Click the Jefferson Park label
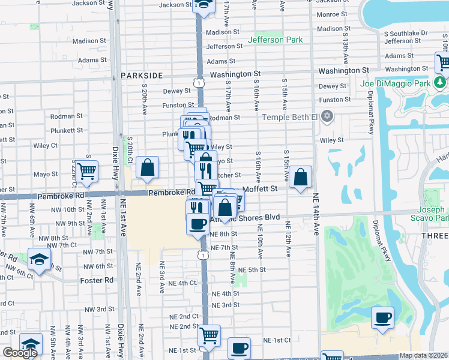tap(276, 40)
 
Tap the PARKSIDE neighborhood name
tap(142, 76)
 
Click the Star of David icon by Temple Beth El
tap(327, 116)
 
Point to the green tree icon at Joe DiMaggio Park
tap(440, 81)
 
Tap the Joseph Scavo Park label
tap(430, 214)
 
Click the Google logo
tap(20, 353)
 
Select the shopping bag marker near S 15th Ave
tap(301, 177)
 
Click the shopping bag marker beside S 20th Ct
tap(147, 168)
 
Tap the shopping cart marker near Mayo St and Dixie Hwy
tap(87, 171)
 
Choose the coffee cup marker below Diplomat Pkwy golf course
tap(382, 318)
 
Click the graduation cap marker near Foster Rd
tap(39, 260)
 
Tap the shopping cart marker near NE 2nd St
tap(209, 335)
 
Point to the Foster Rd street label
tap(97, 280)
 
